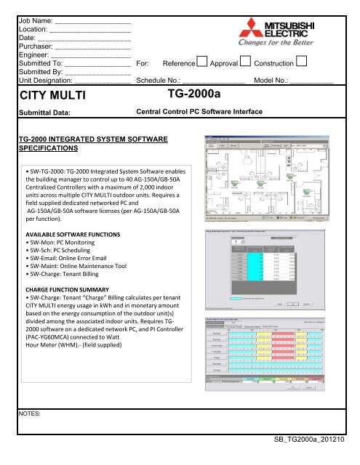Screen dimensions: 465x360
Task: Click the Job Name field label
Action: [36, 11]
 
